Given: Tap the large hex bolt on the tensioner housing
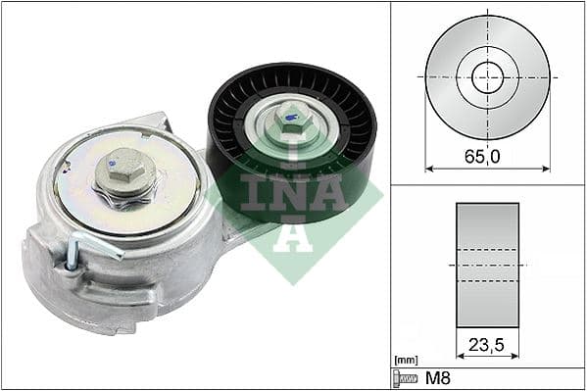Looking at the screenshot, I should pyautogui.click(x=124, y=174).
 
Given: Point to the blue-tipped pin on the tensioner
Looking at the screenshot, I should pyautogui.click(x=71, y=257).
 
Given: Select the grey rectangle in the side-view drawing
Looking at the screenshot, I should pyautogui.click(x=487, y=265).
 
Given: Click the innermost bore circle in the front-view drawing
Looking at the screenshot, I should pyautogui.click(x=487, y=76).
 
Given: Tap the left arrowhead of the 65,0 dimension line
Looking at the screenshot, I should pyautogui.click(x=429, y=169).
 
